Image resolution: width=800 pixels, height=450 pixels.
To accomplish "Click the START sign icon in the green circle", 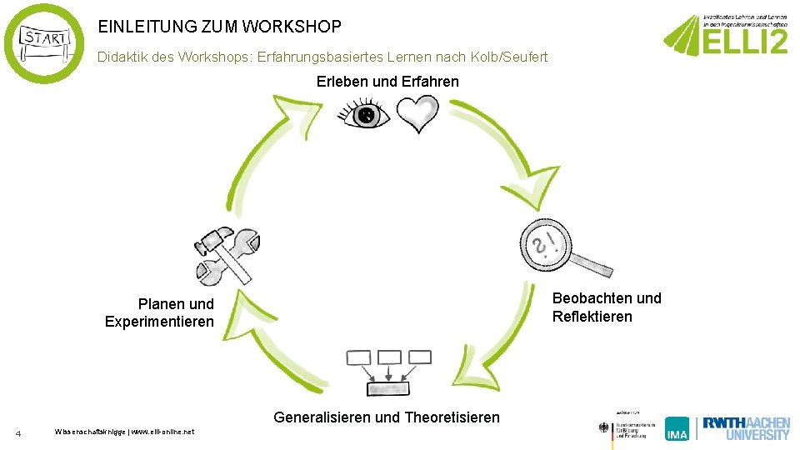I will (44, 43).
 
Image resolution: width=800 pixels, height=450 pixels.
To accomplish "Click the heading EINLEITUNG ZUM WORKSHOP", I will (219, 27).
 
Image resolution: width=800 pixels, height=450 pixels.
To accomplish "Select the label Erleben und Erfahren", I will (387, 81).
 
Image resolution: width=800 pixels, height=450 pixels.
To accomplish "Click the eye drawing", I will (365, 115).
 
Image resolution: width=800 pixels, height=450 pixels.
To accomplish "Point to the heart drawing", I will (417, 113).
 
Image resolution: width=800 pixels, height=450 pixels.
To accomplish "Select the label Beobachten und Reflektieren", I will (607, 307).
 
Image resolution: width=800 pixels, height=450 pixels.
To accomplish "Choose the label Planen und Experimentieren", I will (160, 312).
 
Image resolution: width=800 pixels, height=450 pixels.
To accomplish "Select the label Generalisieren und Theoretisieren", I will (387, 417).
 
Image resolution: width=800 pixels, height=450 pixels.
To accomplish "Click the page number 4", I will (18, 432).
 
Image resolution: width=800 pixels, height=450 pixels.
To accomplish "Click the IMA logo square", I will (677, 428).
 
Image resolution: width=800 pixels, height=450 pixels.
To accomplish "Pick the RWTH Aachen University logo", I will (745, 427).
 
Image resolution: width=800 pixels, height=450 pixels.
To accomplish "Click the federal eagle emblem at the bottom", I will (604, 427).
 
